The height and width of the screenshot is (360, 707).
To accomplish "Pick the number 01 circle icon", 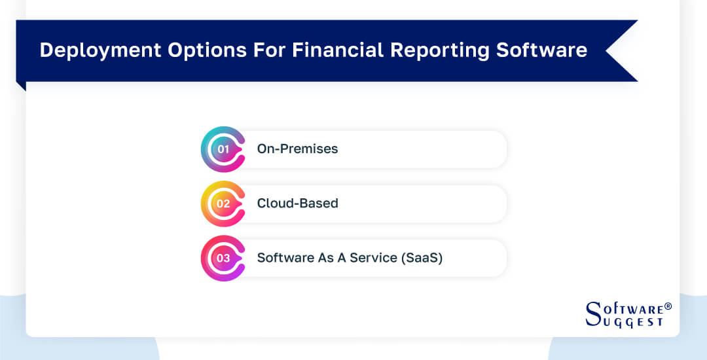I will pyautogui.click(x=223, y=149).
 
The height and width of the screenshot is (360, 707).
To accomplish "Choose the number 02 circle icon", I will pyautogui.click(x=223, y=204).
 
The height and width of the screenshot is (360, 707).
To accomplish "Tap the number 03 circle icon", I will pyautogui.click(x=223, y=259).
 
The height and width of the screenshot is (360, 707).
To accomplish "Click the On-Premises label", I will pyautogui.click(x=297, y=149).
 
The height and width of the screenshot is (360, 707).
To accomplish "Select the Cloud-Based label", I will pyautogui.click(x=297, y=204).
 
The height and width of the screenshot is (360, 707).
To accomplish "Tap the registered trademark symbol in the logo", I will pyautogui.click(x=668, y=306).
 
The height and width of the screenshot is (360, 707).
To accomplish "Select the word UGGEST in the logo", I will pyautogui.click(x=633, y=322).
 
